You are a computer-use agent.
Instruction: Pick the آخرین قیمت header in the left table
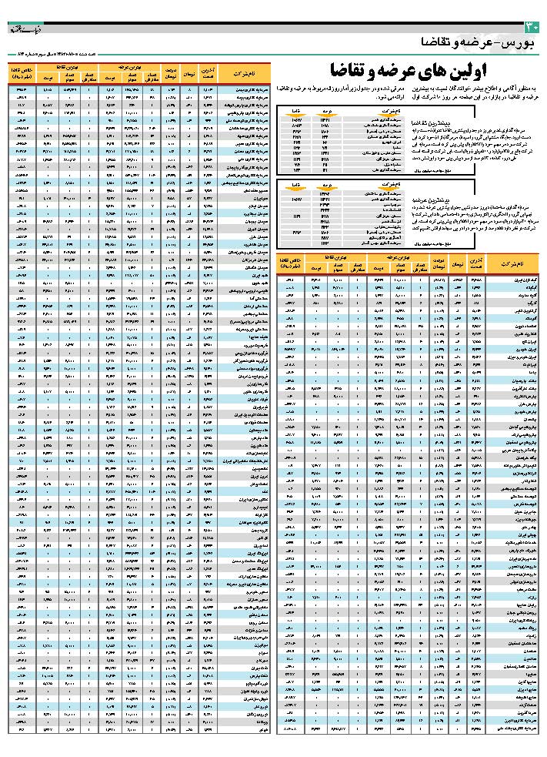(x=206, y=73)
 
